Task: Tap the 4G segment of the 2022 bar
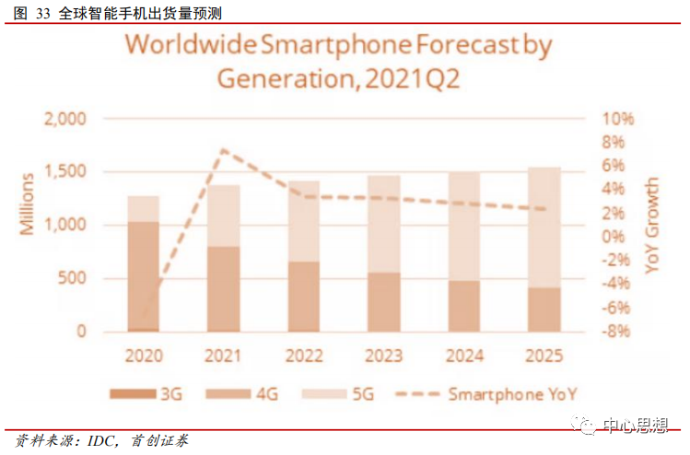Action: [304, 296]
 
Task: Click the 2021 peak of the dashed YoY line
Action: [223, 150]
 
